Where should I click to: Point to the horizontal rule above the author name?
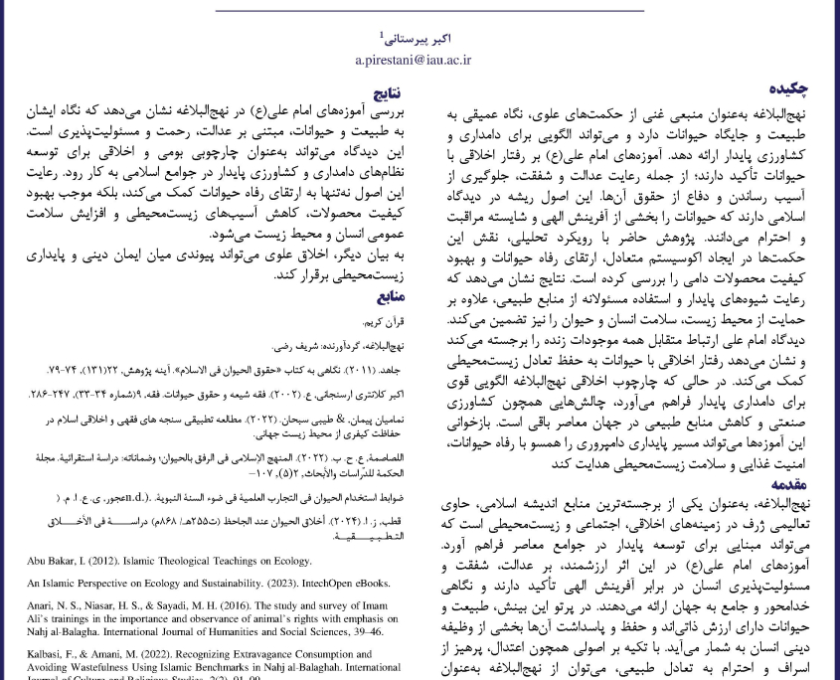419,11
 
